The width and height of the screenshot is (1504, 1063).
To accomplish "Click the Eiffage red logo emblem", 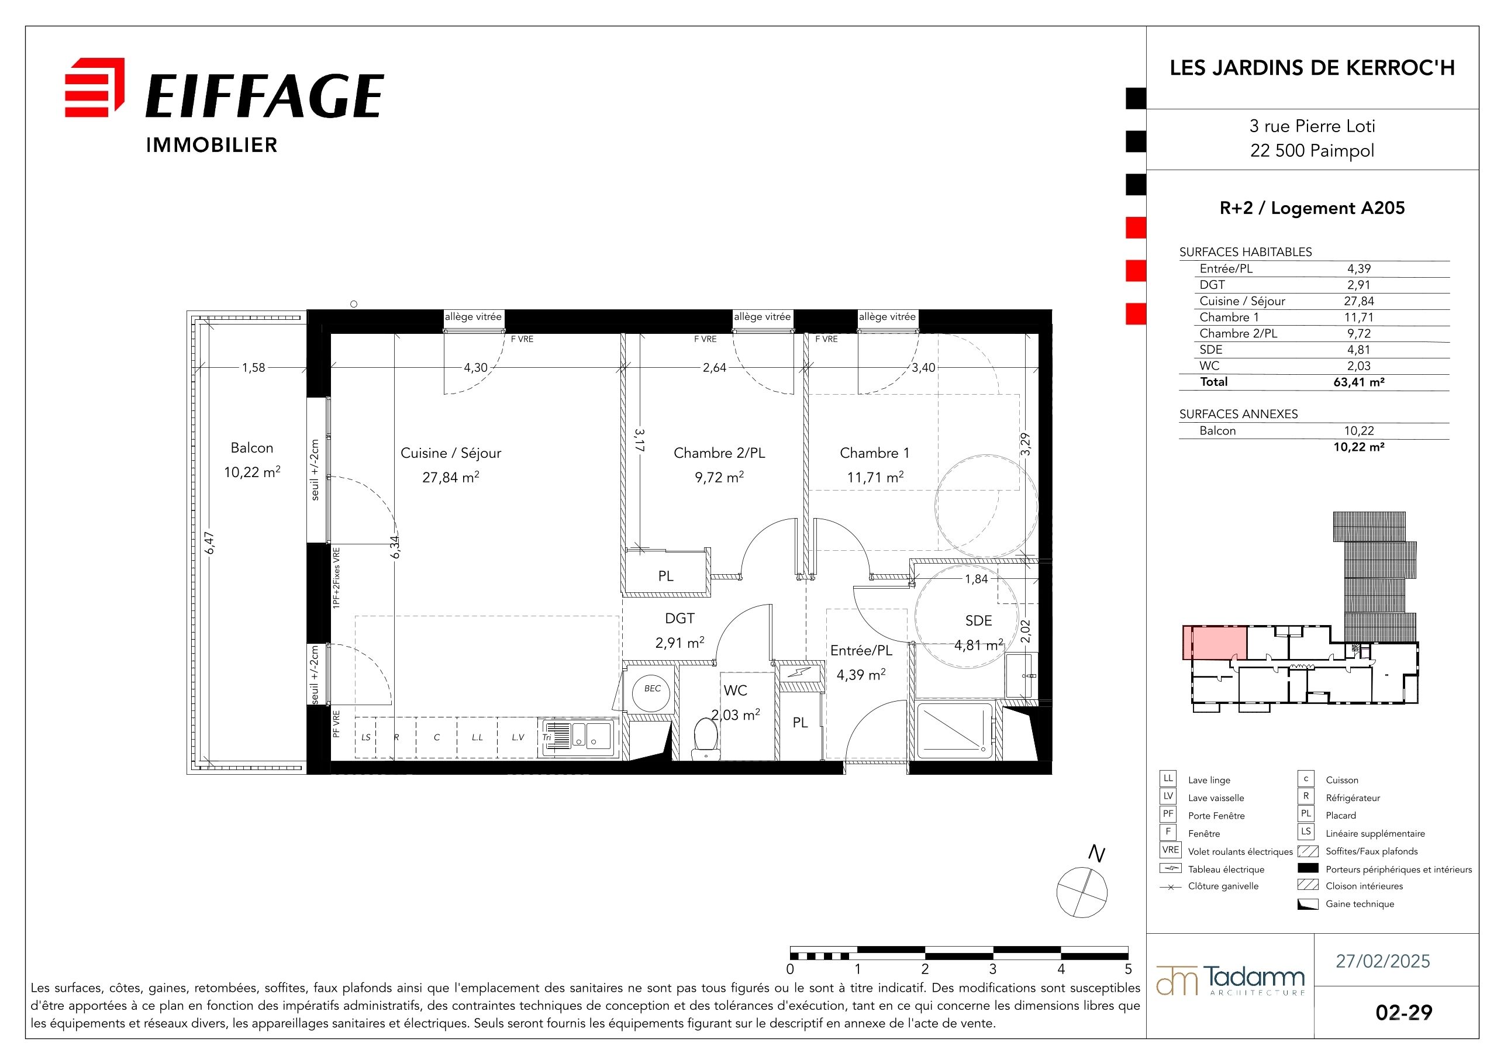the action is (x=94, y=87).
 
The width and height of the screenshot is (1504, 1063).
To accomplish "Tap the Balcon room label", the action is (x=251, y=448).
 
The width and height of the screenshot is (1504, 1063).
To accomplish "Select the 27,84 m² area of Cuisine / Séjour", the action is (x=451, y=477).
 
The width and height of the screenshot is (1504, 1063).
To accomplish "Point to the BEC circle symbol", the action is (x=651, y=689).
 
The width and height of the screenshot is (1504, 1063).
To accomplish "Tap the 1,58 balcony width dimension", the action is (x=254, y=367).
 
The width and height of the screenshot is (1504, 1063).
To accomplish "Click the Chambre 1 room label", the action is (x=874, y=453).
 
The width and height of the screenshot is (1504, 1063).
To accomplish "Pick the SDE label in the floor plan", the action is (x=979, y=620).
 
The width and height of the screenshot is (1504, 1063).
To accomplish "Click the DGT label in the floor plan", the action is (x=679, y=618).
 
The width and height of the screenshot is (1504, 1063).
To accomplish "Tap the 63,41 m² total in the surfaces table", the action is (x=1358, y=382).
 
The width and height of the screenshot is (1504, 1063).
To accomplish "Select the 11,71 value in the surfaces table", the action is (x=1358, y=317).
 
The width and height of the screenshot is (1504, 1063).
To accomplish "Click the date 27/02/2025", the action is (x=1383, y=961).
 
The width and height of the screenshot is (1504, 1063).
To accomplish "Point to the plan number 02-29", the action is (x=1404, y=1013).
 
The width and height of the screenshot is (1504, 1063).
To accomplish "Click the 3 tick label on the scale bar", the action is (x=993, y=969).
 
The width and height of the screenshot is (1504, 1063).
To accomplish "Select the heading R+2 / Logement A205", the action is (x=1312, y=208).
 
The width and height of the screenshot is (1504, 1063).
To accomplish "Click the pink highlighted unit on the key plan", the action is (x=1215, y=643).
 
